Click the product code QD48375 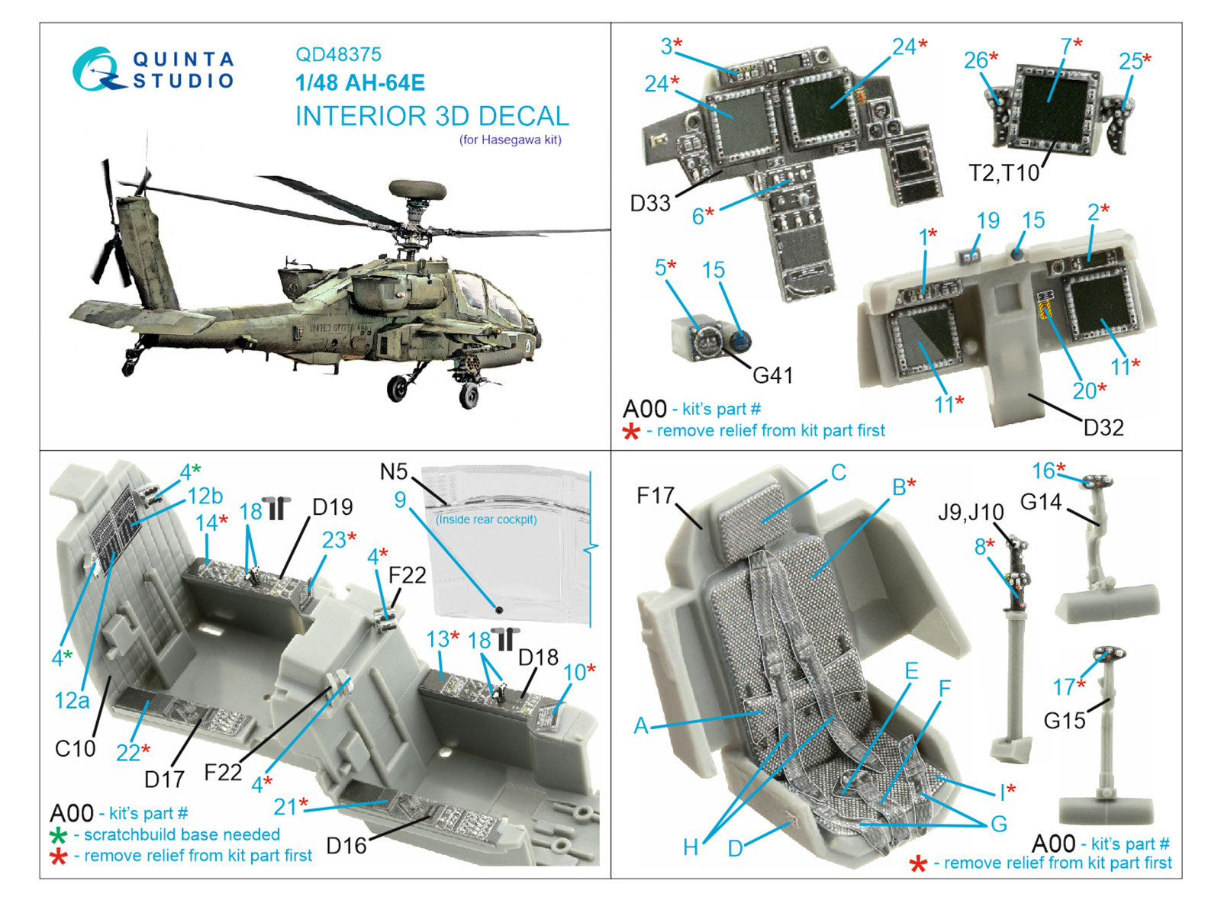coord(338,54)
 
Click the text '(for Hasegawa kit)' coord(511,140)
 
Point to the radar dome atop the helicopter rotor coord(417,189)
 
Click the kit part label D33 coord(650,203)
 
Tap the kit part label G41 coord(772,375)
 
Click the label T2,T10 coord(1004,173)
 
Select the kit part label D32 coord(1103,428)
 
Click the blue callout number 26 coord(976,60)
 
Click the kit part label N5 coord(394,472)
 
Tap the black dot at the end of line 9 coord(498,609)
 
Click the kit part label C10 coord(76,748)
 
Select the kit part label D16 coord(346,846)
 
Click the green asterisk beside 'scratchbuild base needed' coord(58,835)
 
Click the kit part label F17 coord(656,496)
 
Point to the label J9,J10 coord(971,512)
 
